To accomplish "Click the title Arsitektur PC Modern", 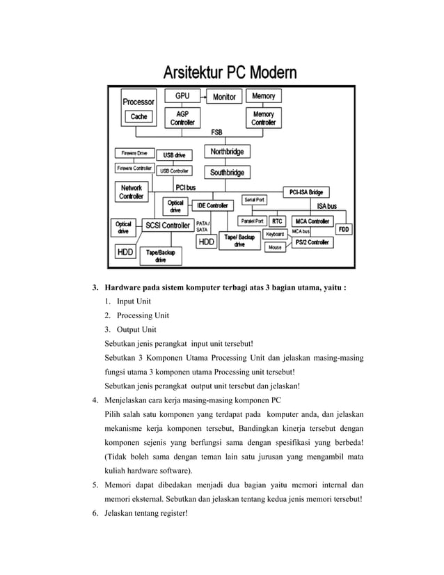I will [230, 72].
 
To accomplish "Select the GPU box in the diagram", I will [182, 95].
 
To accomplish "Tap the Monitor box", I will [223, 97].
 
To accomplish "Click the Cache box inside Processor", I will [138, 117].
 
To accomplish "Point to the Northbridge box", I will [227, 151].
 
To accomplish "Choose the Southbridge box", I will [227, 172].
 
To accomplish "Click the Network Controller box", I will [132, 192].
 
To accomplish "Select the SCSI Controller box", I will [167, 225].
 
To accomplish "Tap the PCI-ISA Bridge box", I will [306, 191].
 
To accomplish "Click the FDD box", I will [344, 229].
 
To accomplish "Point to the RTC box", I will [277, 221].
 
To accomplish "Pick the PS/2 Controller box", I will [311, 242].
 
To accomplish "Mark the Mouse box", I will [276, 247].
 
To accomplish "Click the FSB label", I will [216, 132].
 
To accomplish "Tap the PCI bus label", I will [185, 187].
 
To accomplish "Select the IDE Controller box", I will [212, 205].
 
